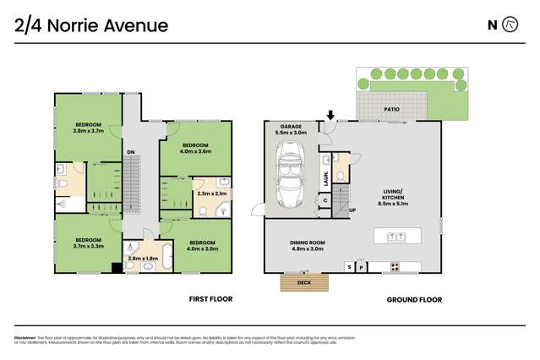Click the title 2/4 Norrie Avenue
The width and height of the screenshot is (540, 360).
click(x=91, y=25)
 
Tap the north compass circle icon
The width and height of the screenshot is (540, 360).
click(x=510, y=25)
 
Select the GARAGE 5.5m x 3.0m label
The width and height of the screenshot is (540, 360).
click(x=291, y=130)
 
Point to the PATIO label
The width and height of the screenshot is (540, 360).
click(x=390, y=110)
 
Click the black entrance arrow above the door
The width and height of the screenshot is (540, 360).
click(x=330, y=114)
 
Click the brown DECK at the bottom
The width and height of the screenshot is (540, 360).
click(x=303, y=283)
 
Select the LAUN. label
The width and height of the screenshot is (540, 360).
click(x=325, y=178)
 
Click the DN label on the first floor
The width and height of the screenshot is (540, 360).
click(x=130, y=152)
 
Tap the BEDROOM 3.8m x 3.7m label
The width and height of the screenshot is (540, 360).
click(x=87, y=128)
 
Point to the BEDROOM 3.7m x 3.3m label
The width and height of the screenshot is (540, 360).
click(x=87, y=243)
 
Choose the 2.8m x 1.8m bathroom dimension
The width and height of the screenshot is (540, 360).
click(x=141, y=259)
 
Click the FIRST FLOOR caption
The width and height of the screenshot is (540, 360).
click(x=210, y=299)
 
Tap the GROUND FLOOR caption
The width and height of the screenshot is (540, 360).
click(x=414, y=299)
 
